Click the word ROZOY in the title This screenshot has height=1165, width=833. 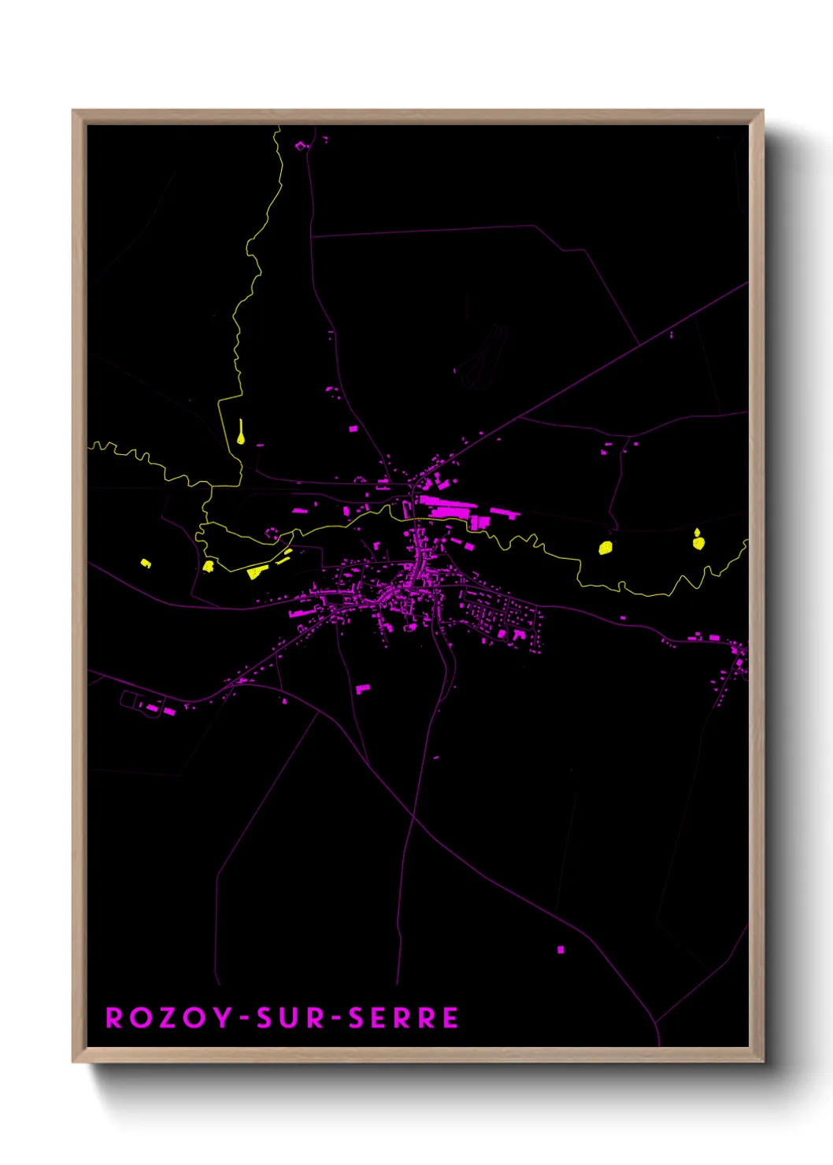[168, 1018]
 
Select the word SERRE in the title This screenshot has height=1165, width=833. [403, 1018]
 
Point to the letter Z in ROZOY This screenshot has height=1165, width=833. [169, 1018]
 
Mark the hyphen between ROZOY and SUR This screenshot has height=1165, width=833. [243, 1019]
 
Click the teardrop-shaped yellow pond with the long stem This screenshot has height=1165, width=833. [240, 435]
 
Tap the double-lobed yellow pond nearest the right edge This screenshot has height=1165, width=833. [698, 540]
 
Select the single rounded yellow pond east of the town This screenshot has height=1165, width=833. [605, 547]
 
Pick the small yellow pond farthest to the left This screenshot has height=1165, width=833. [145, 563]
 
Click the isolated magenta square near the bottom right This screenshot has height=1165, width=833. [561, 950]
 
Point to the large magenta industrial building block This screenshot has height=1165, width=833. [449, 508]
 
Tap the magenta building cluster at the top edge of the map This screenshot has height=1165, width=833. [301, 146]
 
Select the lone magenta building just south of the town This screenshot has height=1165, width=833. [361, 689]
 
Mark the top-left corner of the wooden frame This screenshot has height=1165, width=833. [73, 111]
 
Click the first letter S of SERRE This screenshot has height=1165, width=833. [357, 1018]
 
